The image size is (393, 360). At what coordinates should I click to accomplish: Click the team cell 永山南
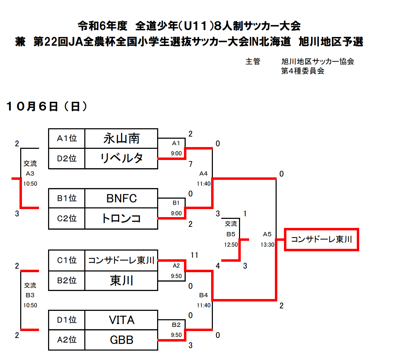point(121,138)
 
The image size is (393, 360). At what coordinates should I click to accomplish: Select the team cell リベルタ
point(121,159)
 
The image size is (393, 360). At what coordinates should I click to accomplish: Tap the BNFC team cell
point(121,198)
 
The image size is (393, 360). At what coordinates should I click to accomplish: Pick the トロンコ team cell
point(121,219)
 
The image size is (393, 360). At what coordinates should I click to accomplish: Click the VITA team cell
point(121,320)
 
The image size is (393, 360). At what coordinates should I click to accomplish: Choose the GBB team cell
point(121,340)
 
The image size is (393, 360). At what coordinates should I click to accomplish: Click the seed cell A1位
point(67,138)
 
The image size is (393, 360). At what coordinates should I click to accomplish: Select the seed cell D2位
point(67,159)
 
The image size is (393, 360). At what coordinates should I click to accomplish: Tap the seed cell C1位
point(67,260)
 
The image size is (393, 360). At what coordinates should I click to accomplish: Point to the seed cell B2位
point(67,281)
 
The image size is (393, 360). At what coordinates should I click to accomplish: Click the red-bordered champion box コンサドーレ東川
point(322,239)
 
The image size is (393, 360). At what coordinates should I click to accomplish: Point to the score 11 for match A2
point(194,255)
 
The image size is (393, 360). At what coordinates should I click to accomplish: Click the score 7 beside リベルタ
point(191,164)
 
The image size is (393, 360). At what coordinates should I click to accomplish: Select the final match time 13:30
point(267,245)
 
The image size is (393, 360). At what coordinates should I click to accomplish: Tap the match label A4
point(203,174)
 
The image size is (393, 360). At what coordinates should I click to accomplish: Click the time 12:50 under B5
point(231,245)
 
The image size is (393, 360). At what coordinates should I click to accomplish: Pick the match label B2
point(176,325)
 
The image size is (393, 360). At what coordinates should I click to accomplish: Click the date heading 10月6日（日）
point(47,106)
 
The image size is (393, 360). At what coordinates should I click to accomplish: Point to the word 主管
point(253,62)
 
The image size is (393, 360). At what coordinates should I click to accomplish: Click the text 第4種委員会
point(303,71)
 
